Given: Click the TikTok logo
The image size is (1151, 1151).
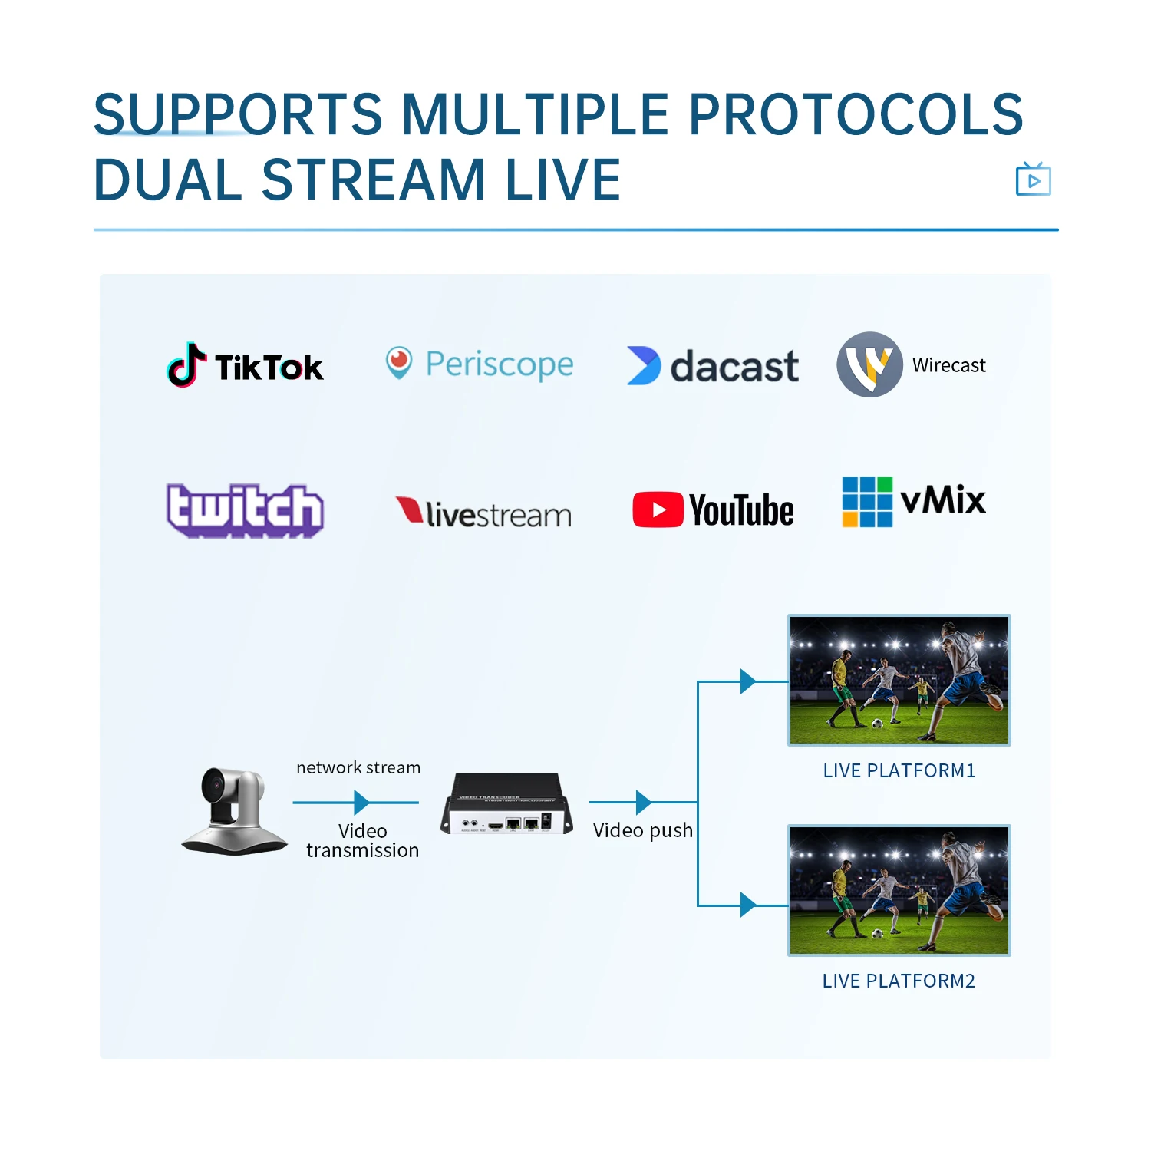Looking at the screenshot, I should tap(246, 365).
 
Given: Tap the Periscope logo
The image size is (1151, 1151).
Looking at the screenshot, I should tap(480, 364).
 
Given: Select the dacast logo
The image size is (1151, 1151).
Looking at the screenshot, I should tap(713, 366).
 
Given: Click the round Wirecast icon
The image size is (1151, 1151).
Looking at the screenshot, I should tap(869, 364).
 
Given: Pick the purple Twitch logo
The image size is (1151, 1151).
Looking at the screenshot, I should tap(245, 510).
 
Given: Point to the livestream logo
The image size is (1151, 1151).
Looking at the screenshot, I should tap(483, 513).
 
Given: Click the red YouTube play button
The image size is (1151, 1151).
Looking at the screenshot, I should tap(658, 510).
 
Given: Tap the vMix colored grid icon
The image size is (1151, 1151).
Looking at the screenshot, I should tap(867, 502).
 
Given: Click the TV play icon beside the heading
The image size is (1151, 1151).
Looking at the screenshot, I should tap(1033, 180).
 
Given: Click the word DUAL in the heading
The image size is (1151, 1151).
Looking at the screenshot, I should tap(168, 180).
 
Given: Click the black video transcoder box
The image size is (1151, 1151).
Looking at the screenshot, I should tap(507, 803).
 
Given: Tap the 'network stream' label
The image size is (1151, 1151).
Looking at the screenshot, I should tap(358, 767).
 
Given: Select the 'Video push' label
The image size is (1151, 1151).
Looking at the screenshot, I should tap(643, 830).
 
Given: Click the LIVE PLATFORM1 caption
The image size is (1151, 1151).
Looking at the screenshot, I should tap(899, 771).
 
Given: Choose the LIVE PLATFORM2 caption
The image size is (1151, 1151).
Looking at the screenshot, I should tap(899, 981).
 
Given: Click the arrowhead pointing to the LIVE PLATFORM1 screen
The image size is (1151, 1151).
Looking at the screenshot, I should tap(747, 681).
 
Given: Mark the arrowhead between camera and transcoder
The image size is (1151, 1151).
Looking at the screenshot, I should tap(361, 803).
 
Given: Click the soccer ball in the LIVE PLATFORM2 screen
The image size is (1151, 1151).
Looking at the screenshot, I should tap(877, 933).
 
